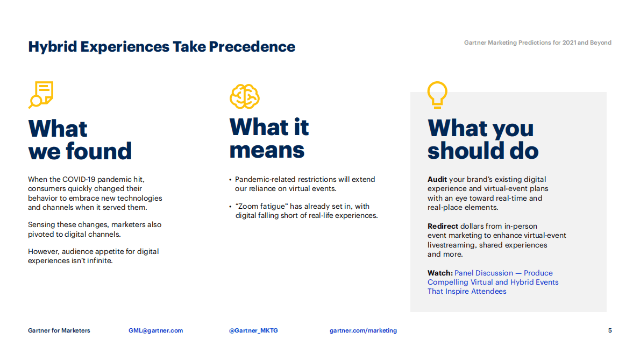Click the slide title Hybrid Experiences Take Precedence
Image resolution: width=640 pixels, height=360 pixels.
162,47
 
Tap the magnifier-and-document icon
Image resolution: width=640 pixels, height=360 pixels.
41,95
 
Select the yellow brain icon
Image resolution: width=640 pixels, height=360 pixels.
245,96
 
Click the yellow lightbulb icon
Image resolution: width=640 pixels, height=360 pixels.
437,95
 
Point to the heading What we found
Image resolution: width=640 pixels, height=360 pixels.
80,140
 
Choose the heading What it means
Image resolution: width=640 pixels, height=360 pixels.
269,138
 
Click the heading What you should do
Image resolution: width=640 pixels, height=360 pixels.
483,139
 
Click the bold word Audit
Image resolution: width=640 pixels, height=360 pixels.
437,179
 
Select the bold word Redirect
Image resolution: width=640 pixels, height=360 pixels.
443,226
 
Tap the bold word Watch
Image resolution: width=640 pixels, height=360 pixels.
440,273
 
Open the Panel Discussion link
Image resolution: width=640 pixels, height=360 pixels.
493,282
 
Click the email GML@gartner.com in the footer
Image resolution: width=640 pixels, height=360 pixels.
155,330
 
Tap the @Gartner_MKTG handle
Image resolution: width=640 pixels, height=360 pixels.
253,330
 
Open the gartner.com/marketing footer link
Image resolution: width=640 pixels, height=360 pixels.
363,330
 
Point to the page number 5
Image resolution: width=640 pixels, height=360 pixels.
610,330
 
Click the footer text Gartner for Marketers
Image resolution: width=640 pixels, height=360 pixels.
59,330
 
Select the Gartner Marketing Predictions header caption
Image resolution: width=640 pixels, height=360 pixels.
538,43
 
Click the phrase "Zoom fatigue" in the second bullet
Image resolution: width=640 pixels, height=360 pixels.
261,207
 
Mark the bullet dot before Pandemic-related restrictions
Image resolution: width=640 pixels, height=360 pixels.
230,180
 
